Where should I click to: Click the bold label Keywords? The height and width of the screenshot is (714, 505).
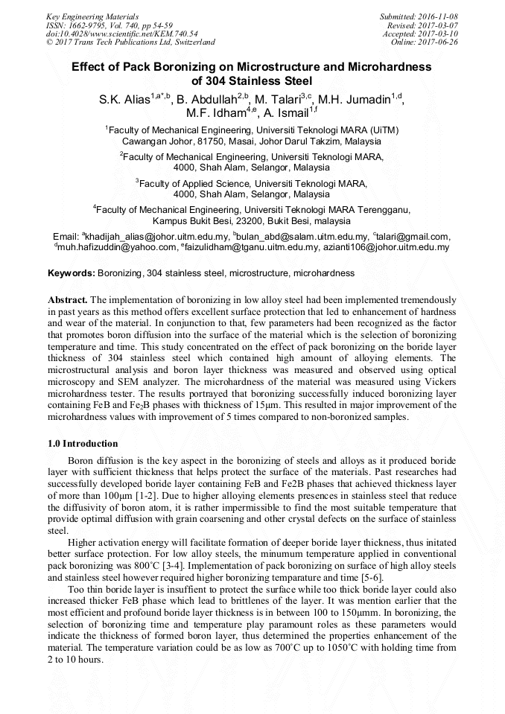pos(72,273)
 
